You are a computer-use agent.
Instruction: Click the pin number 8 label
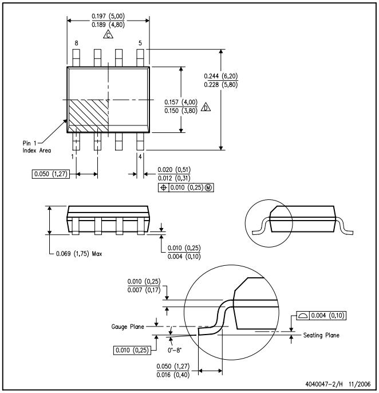(x=76, y=43)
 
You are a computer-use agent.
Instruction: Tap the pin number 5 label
(x=140, y=43)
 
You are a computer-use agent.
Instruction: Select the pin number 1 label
(x=73, y=156)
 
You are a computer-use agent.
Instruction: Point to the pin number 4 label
(x=140, y=156)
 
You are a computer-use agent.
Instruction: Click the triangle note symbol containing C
(x=108, y=35)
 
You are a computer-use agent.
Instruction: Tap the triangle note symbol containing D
(x=206, y=107)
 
